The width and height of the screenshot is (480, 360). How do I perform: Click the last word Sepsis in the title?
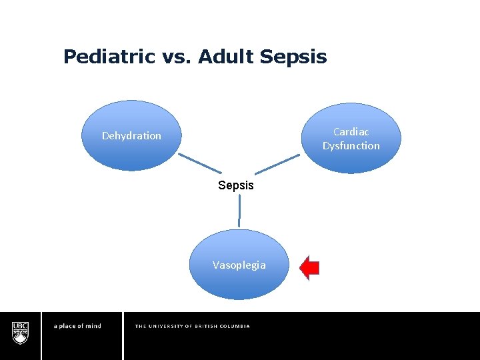tap(293, 57)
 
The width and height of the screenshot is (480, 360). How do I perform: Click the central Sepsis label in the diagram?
tap(236, 185)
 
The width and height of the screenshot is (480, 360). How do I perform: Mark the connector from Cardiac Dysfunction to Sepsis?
tap(277, 164)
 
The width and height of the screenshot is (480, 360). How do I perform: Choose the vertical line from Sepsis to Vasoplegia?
tap(239, 211)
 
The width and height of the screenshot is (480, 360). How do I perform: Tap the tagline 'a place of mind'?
tap(77, 326)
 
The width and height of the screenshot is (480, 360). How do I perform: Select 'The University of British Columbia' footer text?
tap(192, 326)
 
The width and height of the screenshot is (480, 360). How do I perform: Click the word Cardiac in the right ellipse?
tap(351, 132)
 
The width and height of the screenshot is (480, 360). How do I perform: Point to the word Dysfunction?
tap(351, 145)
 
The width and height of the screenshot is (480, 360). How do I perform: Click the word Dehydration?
tap(131, 136)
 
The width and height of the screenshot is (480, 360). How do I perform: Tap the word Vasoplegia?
tap(239, 265)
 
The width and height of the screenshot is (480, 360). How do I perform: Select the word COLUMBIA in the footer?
tap(234, 326)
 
